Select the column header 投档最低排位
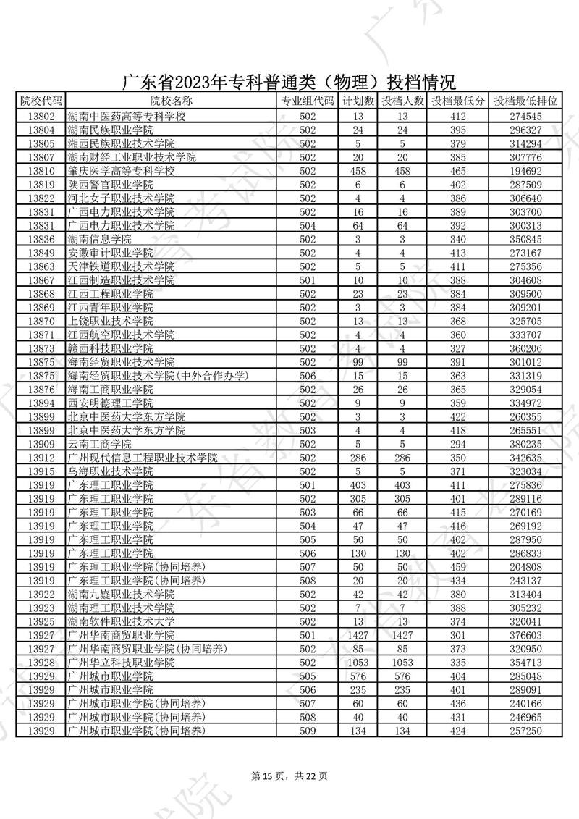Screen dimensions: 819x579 (525, 101)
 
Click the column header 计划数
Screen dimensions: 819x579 (358, 101)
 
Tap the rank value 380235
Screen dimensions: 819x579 (525, 444)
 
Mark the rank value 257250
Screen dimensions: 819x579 (525, 731)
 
